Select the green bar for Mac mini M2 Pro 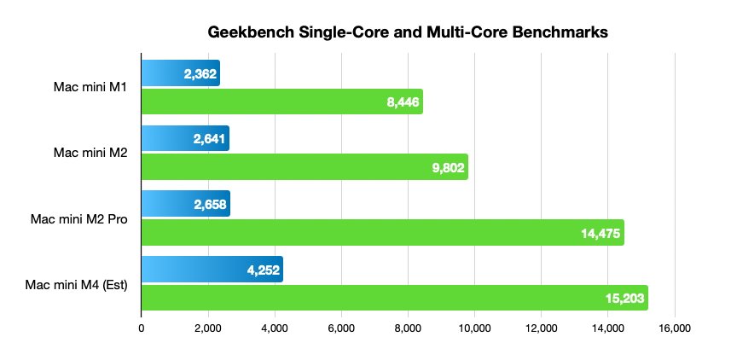pyautogui.click(x=358, y=233)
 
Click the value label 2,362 pyautogui.click(x=200, y=74)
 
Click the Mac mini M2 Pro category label pyautogui.click(x=78, y=218)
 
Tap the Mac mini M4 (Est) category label pyautogui.click(x=78, y=284)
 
